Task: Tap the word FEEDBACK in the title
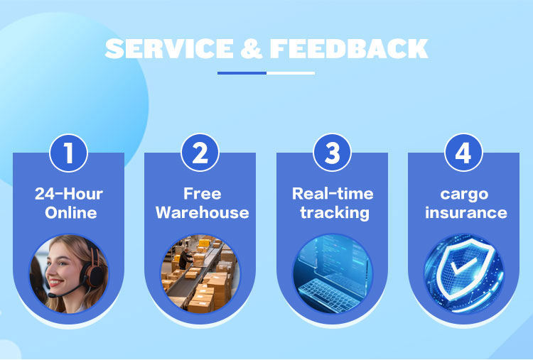pyautogui.click(x=348, y=48)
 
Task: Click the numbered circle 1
pyautogui.click(x=68, y=153)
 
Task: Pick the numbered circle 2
pyautogui.click(x=200, y=153)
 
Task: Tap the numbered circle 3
pyautogui.click(x=332, y=153)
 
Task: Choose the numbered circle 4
pyautogui.click(x=463, y=153)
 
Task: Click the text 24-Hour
pyautogui.click(x=69, y=194)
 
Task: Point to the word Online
pyautogui.click(x=69, y=212)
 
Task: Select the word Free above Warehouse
pyautogui.click(x=202, y=194)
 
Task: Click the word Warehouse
pyautogui.click(x=202, y=212)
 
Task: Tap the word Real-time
pyautogui.click(x=333, y=194)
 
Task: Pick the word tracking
pyautogui.click(x=333, y=212)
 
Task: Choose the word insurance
pyautogui.click(x=465, y=212)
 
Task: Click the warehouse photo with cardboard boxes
pyautogui.click(x=200, y=273)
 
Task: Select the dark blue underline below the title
pyautogui.click(x=242, y=72)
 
